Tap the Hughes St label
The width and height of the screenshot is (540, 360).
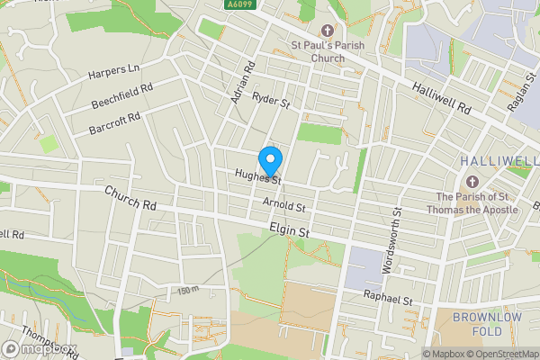(x=258, y=177)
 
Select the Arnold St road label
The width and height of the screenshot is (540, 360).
(x=285, y=206)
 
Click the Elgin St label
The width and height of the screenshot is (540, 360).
(x=290, y=232)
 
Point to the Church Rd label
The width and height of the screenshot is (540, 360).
(x=130, y=198)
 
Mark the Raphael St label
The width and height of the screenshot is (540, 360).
(x=388, y=298)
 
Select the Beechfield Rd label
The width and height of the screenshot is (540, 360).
(x=121, y=95)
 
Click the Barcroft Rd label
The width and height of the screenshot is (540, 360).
(x=115, y=122)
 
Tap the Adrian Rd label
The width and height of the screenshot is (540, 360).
(x=243, y=82)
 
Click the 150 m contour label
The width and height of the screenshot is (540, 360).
(x=187, y=291)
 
